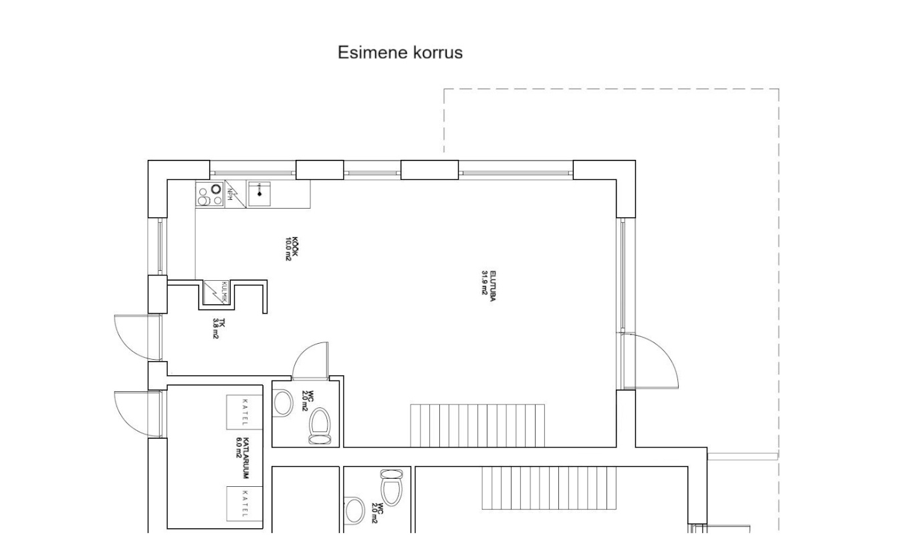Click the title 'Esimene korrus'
[x=400, y=52]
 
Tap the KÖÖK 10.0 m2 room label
[x=292, y=249]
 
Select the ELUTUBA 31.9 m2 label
[x=489, y=286]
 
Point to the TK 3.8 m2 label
[x=218, y=328]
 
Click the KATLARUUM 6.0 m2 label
[x=243, y=458]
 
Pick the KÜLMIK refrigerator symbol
[x=216, y=293]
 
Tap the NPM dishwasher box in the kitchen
[x=235, y=194]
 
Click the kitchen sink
[x=259, y=194]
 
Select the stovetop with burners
[x=210, y=194]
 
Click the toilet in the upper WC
[x=320, y=426]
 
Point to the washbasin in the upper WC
[x=284, y=403]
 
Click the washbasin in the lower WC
[x=354, y=511]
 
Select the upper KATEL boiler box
[x=245, y=412]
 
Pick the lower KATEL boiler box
[x=245, y=504]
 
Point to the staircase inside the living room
[x=477, y=426]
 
